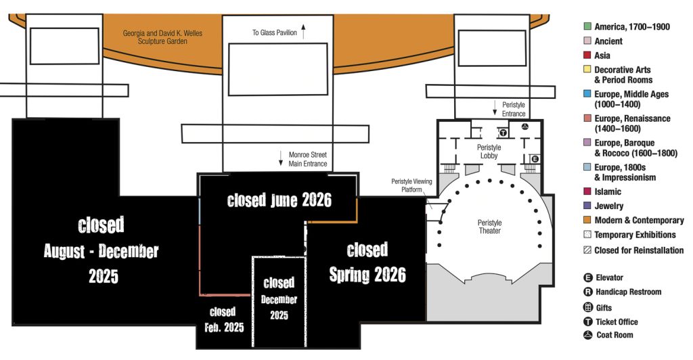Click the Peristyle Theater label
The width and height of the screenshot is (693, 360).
(489, 227)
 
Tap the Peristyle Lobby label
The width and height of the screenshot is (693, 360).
(489, 151)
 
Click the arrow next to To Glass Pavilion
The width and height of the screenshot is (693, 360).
(303, 32)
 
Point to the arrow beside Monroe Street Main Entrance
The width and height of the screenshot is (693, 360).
(281, 158)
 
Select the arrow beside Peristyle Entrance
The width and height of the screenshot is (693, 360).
(495, 108)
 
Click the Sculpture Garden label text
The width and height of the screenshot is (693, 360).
(162, 37)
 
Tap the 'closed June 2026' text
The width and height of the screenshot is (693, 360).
(279, 200)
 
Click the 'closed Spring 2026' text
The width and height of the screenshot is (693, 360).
(367, 263)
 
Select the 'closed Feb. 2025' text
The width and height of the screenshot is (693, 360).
(223, 319)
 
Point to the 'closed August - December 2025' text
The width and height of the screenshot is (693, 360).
(102, 250)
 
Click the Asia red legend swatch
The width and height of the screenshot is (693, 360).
(587, 55)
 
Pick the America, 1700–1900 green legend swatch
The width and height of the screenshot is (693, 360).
(587, 26)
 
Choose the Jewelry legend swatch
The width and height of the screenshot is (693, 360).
(587, 206)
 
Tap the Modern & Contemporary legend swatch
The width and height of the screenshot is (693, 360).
(587, 220)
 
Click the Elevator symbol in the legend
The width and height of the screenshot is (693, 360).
(588, 277)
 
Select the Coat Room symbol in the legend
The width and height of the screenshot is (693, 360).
(588, 335)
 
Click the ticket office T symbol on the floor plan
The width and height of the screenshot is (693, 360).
(503, 133)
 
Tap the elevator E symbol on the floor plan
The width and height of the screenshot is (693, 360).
(535, 158)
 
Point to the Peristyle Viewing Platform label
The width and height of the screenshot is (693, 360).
(411, 185)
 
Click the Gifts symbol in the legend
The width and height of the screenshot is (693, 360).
(588, 307)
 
